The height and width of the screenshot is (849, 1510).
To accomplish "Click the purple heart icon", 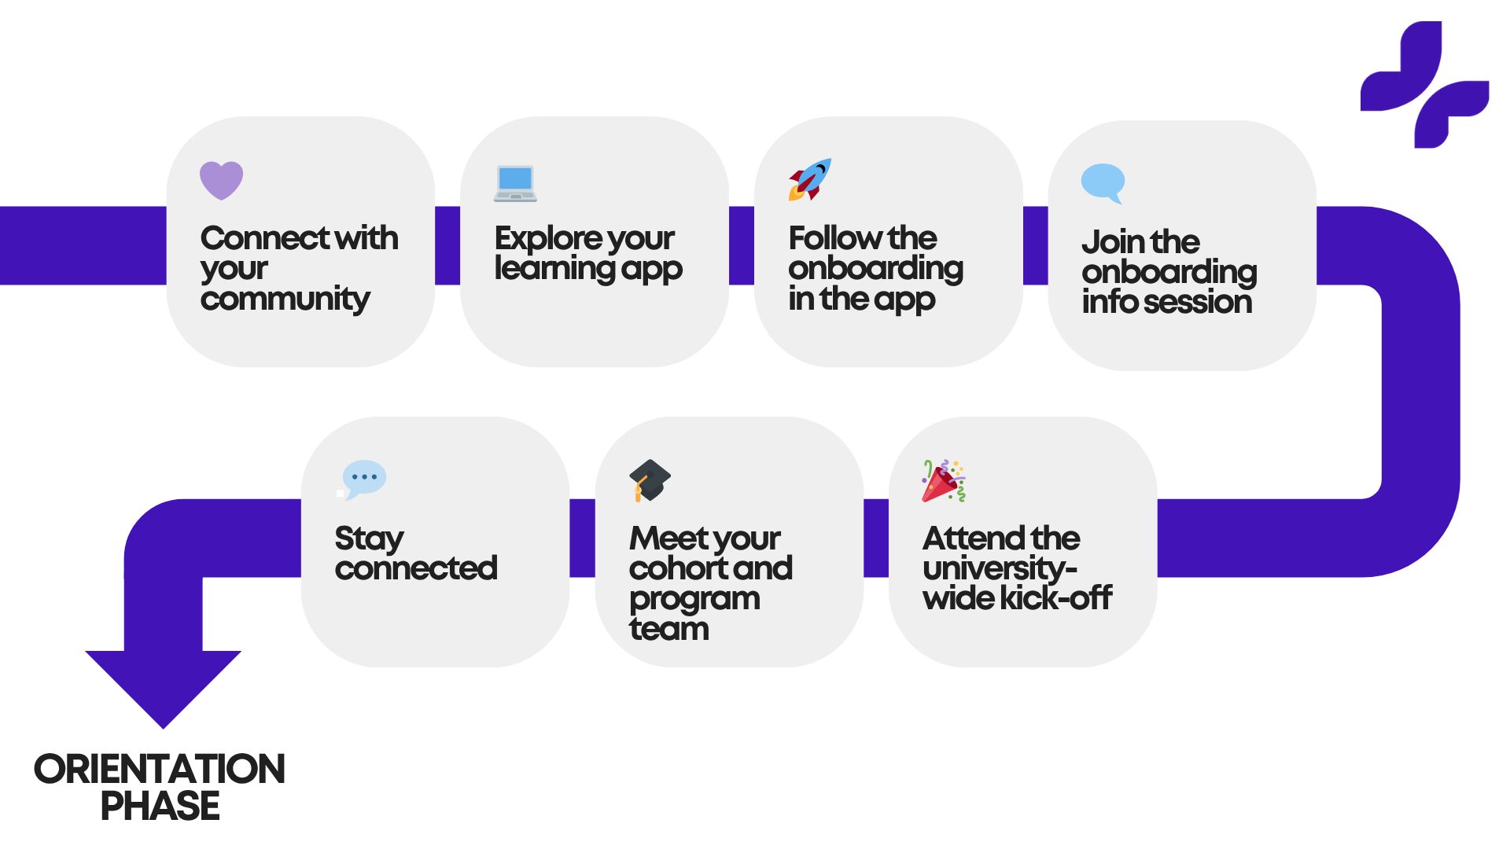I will (x=221, y=180).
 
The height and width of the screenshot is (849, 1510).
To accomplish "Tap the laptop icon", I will (x=515, y=183).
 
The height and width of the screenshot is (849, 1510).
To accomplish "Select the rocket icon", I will (x=809, y=179).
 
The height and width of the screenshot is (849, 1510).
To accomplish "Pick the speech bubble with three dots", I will (x=363, y=478).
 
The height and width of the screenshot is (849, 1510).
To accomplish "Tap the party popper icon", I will (x=943, y=481).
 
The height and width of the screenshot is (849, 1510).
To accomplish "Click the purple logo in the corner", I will (x=1424, y=84).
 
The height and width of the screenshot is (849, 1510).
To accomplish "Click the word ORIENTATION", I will (x=159, y=770).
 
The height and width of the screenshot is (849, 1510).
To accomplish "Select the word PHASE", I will (x=160, y=807).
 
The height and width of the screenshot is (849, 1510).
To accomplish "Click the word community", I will (x=285, y=300).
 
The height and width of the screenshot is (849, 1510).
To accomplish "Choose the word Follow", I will (x=834, y=238).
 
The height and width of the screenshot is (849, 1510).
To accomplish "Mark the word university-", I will (x=1000, y=569).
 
